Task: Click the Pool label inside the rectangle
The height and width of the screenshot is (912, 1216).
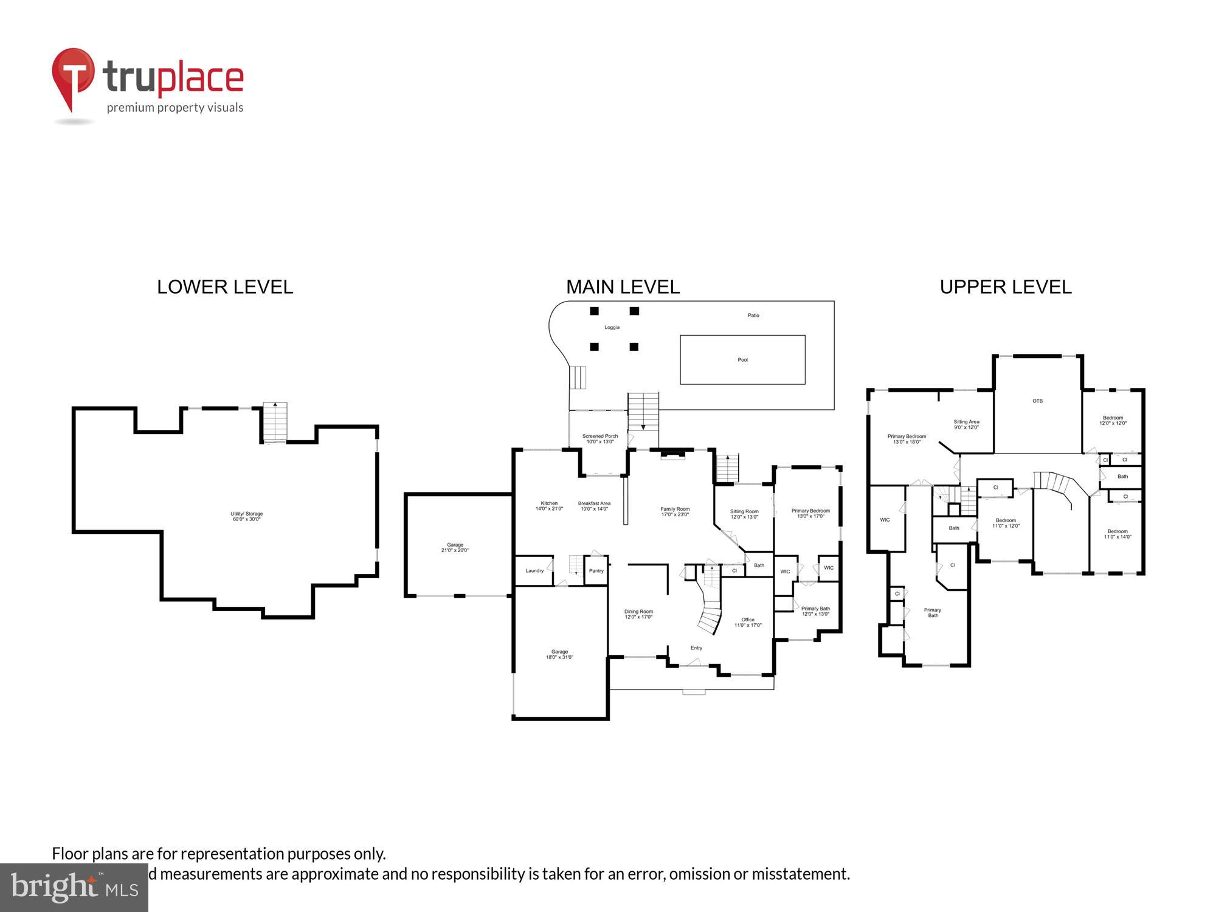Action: pyautogui.click(x=742, y=360)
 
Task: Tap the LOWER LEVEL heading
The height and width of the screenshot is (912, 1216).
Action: pyautogui.click(x=225, y=287)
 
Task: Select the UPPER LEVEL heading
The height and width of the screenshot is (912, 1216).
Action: pyautogui.click(x=1006, y=287)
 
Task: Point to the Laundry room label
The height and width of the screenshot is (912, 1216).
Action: pyautogui.click(x=534, y=570)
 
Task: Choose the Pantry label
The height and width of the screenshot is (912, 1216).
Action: pyautogui.click(x=596, y=570)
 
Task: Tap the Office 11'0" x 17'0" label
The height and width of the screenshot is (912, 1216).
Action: pyautogui.click(x=748, y=622)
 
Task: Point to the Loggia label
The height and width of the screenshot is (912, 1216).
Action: pyautogui.click(x=612, y=327)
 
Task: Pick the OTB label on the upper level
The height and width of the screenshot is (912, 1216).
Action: pyautogui.click(x=1037, y=401)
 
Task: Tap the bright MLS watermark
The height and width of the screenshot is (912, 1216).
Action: pyautogui.click(x=74, y=888)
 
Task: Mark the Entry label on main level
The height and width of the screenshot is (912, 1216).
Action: pyautogui.click(x=696, y=648)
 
